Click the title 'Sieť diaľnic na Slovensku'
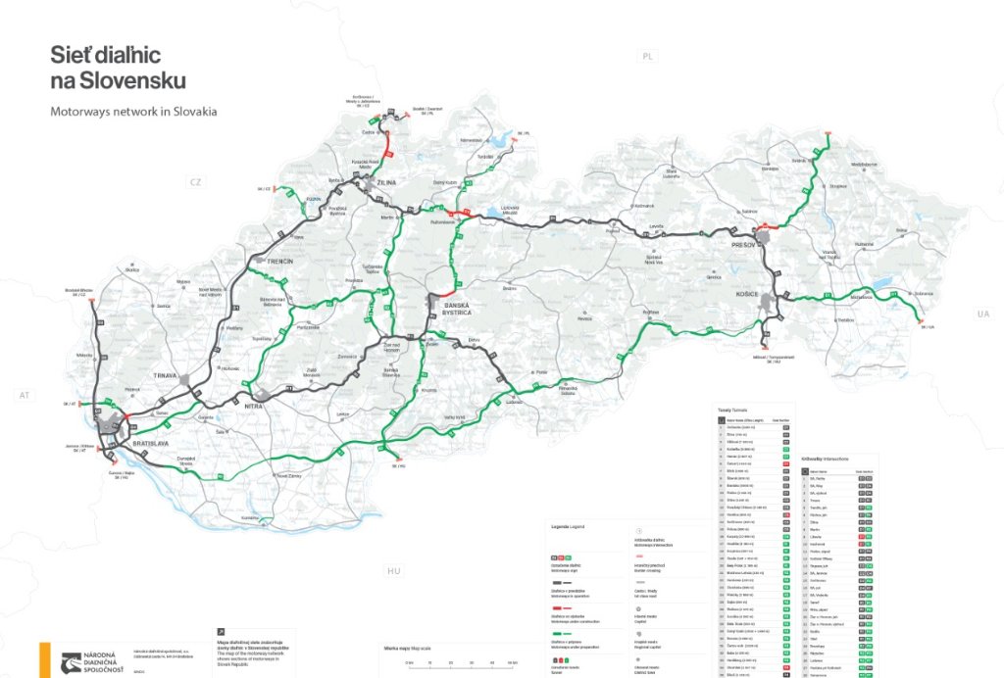click(x=118, y=68)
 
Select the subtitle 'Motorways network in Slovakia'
click(x=133, y=112)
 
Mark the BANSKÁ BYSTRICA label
click(x=458, y=310)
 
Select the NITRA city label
click(x=255, y=405)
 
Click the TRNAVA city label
click(x=170, y=375)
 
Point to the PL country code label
click(x=647, y=57)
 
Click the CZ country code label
click(x=195, y=182)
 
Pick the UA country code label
click(x=982, y=314)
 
